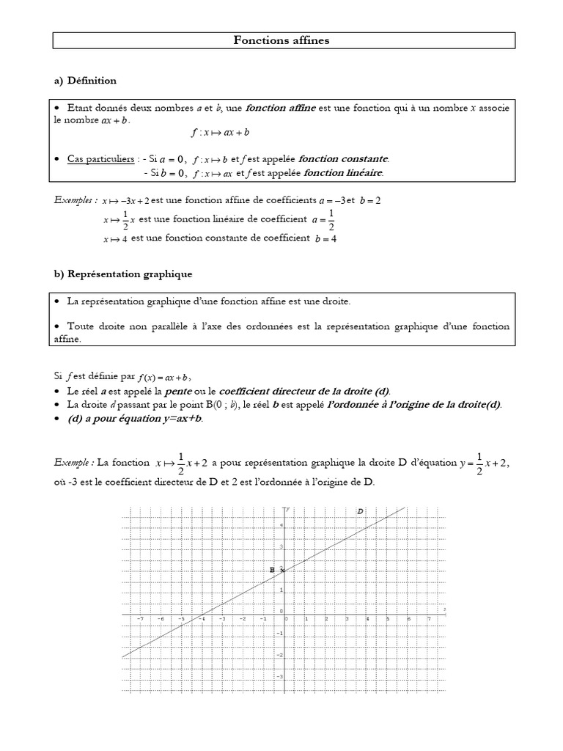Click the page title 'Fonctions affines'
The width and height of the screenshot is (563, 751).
pos(281,41)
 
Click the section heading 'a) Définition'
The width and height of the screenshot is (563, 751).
pos(85,80)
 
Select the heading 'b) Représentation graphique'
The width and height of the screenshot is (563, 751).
pos(123,274)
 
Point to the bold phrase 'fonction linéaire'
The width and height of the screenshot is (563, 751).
pos(342,173)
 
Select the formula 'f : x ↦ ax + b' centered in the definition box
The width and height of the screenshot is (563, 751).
pos(220,133)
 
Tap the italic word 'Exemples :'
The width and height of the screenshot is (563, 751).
pos(76,199)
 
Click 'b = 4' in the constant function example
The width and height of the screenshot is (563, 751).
pos(325,238)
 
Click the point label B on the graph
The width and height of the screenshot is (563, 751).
pos(272,569)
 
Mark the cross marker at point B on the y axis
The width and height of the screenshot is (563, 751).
pos(283,570)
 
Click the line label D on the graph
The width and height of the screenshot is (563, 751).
pos(360,510)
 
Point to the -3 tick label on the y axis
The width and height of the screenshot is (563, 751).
pos(280,675)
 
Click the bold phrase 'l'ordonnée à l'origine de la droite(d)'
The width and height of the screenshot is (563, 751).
pos(414,404)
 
